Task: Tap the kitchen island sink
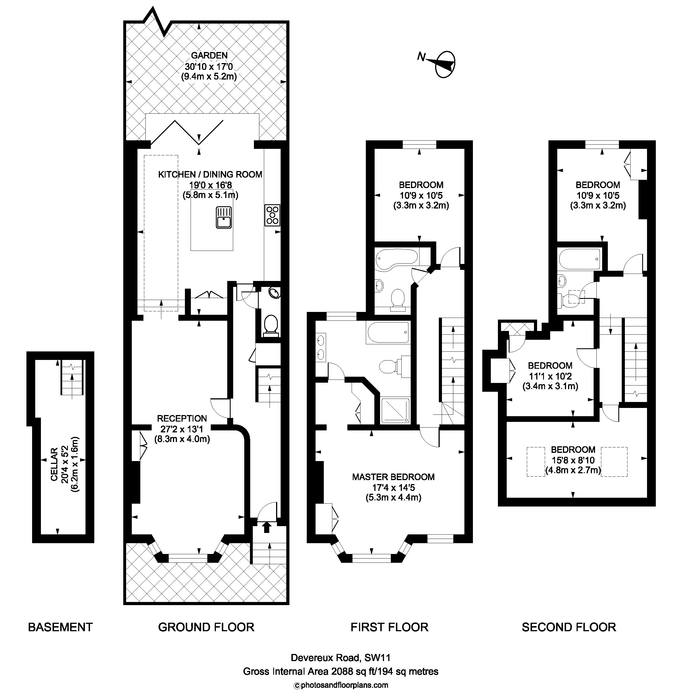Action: (223, 217)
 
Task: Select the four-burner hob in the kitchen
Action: (272, 215)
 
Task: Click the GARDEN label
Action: (209, 55)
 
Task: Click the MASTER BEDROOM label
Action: (393, 477)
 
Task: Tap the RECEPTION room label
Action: (182, 418)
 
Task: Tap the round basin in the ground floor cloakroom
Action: (274, 293)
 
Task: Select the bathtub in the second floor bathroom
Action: (579, 259)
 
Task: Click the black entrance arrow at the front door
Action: (266, 527)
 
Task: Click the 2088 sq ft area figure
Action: (352, 672)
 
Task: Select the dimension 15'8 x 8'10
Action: (573, 460)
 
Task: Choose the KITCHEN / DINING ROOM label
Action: (210, 174)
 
